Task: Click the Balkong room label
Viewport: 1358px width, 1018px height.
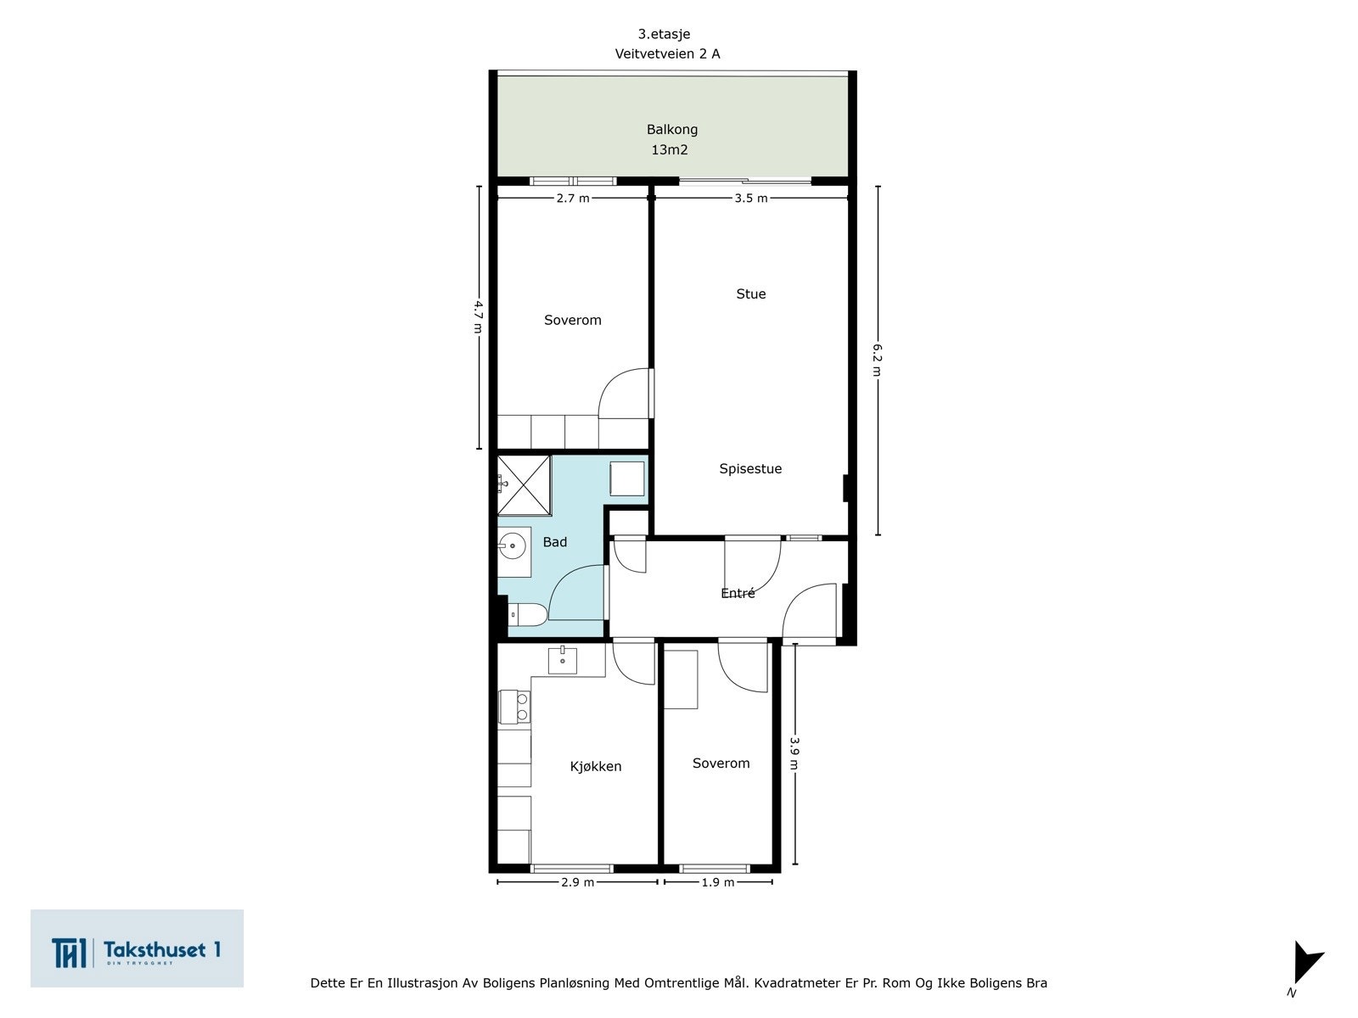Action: pos(671,130)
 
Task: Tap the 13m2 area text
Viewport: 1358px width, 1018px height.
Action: pos(669,150)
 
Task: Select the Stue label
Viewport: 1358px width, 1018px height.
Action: pos(750,294)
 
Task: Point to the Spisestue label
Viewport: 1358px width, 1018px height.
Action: pos(750,469)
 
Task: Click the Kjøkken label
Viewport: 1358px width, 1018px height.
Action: pos(595,767)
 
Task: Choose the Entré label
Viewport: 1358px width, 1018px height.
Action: pos(738,594)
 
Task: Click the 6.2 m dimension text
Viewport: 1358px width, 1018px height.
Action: pos(877,361)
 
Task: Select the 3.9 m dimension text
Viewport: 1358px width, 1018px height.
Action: pos(794,752)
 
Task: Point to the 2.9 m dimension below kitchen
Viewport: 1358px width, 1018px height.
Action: pos(577,882)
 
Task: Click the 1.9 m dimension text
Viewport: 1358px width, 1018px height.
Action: pos(718,882)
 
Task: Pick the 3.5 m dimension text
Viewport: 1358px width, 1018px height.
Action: pos(750,199)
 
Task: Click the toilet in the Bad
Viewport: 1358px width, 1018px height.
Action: pos(527,614)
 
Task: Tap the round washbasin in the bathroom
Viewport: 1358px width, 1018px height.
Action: pos(512,545)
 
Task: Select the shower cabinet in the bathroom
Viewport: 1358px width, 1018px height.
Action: pos(523,485)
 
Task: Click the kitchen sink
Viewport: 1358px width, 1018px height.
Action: pos(562,659)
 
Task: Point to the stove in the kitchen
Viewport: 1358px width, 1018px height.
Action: pos(513,708)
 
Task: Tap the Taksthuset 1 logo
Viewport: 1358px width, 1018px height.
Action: pos(137,948)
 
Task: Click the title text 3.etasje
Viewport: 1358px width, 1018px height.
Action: pos(664,35)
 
